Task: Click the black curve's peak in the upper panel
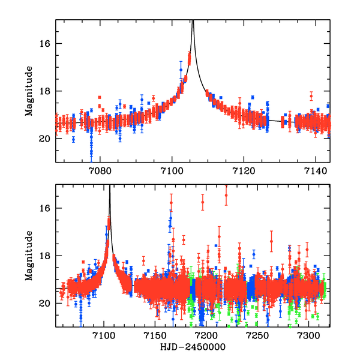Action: [193, 22]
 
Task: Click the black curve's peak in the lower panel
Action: [110, 187]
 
